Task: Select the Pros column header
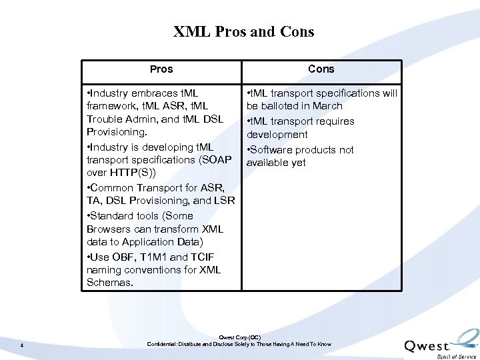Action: pyautogui.click(x=161, y=69)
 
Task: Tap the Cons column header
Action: pyautogui.click(x=321, y=69)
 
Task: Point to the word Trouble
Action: pyautogui.click(x=105, y=119)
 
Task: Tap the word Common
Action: pyautogui.click(x=114, y=188)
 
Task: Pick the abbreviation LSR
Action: pyautogui.click(x=223, y=201)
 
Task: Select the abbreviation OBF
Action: pyautogui.click(x=124, y=257)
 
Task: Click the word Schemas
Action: pyautogui.click(x=109, y=283)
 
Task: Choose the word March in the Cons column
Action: pyautogui.click(x=327, y=106)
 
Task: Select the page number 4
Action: pyautogui.click(x=22, y=345)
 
